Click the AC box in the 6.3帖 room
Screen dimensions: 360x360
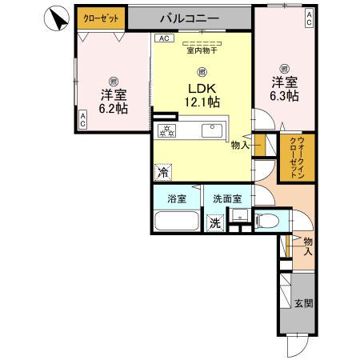click(309, 18)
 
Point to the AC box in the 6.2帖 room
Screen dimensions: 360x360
click(82, 118)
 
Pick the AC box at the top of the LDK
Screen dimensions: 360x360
click(162, 38)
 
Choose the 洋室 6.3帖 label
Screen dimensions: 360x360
click(284, 87)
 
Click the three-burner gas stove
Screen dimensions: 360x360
click(166, 131)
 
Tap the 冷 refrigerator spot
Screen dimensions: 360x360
click(162, 171)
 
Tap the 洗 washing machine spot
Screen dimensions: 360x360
click(214, 223)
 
